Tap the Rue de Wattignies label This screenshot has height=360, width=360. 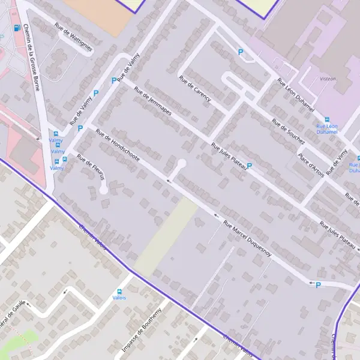pyautogui.click(x=73, y=37)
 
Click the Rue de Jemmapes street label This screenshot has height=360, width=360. pyautogui.click(x=153, y=102)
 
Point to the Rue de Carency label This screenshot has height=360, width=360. pyautogui.click(x=195, y=89)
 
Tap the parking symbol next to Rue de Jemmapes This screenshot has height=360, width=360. pyautogui.click(x=113, y=80)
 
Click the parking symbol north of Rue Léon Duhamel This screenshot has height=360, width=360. pyautogui.click(x=241, y=53)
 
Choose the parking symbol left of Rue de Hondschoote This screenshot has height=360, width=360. pyautogui.click(x=80, y=128)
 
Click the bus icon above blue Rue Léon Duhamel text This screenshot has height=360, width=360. pyautogui.click(x=327, y=119)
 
